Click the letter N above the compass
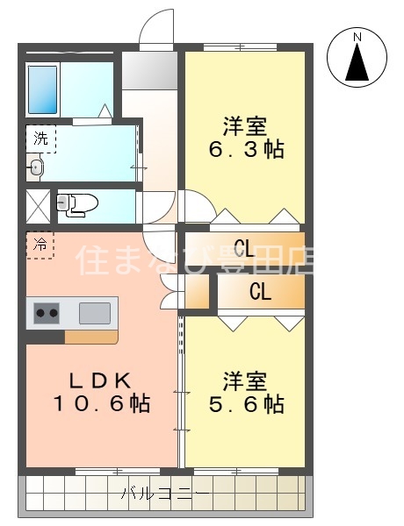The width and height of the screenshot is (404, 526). click(357, 37)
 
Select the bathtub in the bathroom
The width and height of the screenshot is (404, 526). click(42, 90)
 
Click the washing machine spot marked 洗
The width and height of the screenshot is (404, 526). click(41, 139)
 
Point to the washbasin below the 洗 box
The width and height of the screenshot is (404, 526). click(36, 167)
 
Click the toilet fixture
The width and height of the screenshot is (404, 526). click(77, 204)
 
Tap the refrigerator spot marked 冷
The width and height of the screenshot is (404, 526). click(40, 245)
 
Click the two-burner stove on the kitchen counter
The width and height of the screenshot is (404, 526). click(47, 313)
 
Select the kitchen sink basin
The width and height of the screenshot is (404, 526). click(95, 313)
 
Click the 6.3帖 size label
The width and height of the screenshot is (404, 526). click(247, 149)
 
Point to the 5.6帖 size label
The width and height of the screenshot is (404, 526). click(247, 404)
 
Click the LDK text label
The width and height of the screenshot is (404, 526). click(100, 380)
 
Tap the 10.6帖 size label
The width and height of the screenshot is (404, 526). click(101, 403)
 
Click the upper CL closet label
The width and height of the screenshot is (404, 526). click(244, 249)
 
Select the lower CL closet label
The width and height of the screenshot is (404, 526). click(260, 292)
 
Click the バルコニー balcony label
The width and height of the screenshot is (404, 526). click(165, 494)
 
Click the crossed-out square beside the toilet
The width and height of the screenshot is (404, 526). click(39, 206)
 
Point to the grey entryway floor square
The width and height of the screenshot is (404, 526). click(149, 70)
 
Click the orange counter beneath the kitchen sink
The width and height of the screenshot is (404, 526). click(91, 337)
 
